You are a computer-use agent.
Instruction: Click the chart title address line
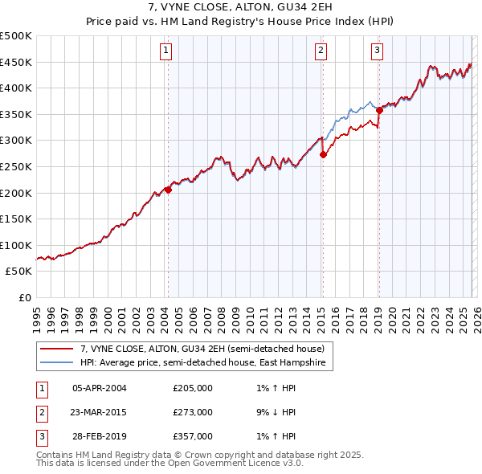(x=241, y=7)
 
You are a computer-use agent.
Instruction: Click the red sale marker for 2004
(x=168, y=190)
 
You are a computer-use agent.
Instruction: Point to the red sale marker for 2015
(x=323, y=154)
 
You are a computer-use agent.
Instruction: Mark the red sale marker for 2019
(x=379, y=111)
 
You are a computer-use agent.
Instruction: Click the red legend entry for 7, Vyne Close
(x=202, y=349)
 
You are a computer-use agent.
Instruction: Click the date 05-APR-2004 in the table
(x=100, y=388)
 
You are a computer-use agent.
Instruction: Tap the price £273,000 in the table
(x=193, y=412)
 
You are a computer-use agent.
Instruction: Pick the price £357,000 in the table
(x=193, y=436)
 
